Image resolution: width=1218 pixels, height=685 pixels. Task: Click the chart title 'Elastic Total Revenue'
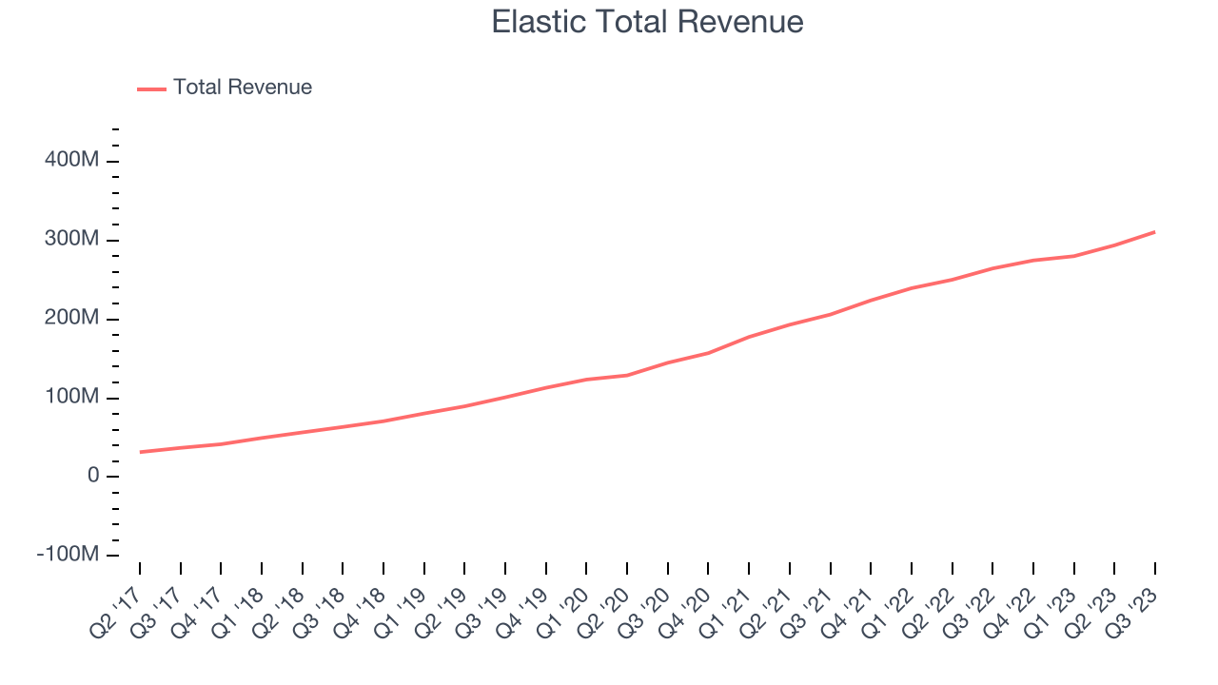647,22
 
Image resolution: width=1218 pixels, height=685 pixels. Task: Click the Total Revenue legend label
242,88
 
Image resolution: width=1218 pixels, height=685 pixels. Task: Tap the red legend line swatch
151,88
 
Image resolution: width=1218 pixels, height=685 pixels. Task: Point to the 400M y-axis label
71,161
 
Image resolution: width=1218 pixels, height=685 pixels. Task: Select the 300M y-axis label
71,240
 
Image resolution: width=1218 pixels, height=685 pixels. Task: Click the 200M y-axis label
71,319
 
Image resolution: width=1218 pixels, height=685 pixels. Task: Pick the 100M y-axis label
71,398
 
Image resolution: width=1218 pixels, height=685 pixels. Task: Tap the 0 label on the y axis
92,476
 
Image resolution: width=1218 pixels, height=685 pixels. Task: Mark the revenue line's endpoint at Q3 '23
1155,232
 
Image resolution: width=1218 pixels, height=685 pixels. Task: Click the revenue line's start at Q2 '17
140,452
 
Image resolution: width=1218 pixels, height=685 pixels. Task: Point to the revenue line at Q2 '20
627,375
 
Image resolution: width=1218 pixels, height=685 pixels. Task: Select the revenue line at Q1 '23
1074,256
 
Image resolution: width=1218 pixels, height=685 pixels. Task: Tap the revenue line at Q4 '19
546,387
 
